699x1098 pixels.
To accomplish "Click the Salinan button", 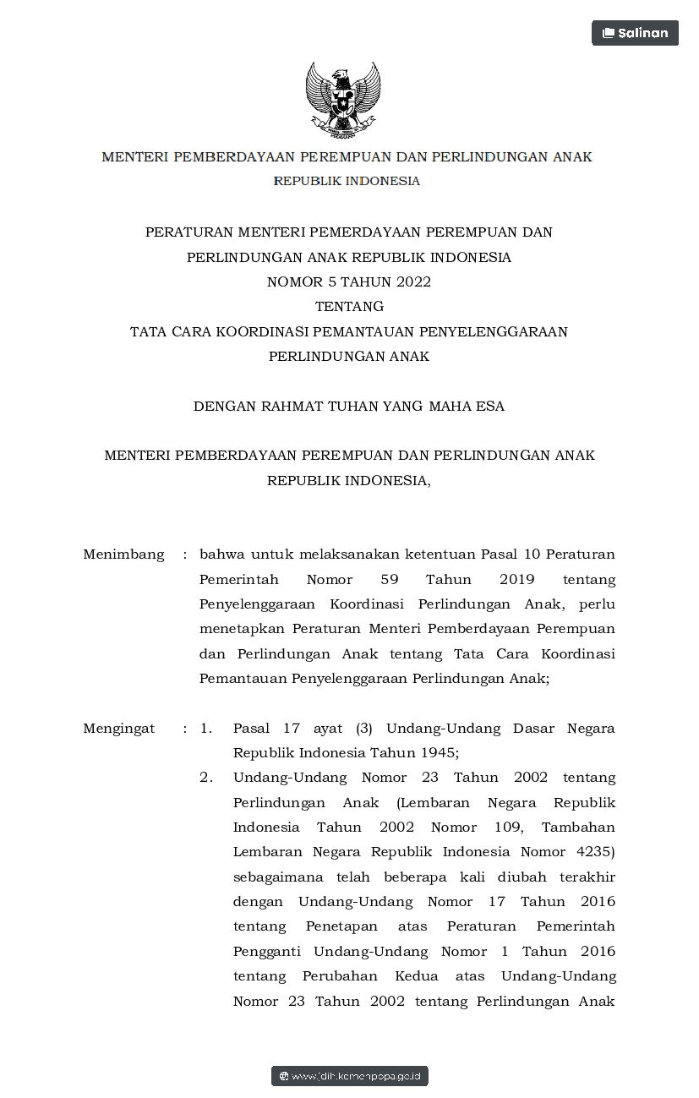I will click(635, 33).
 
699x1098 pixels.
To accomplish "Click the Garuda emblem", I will click(342, 99).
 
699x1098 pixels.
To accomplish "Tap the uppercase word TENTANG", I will click(349, 306).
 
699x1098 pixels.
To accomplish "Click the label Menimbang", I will click(123, 554).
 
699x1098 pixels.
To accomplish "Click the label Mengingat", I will click(119, 728).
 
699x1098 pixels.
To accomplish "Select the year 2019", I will click(505, 580).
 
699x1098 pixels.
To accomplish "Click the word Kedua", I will click(416, 976).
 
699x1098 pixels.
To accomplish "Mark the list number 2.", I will click(206, 777).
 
